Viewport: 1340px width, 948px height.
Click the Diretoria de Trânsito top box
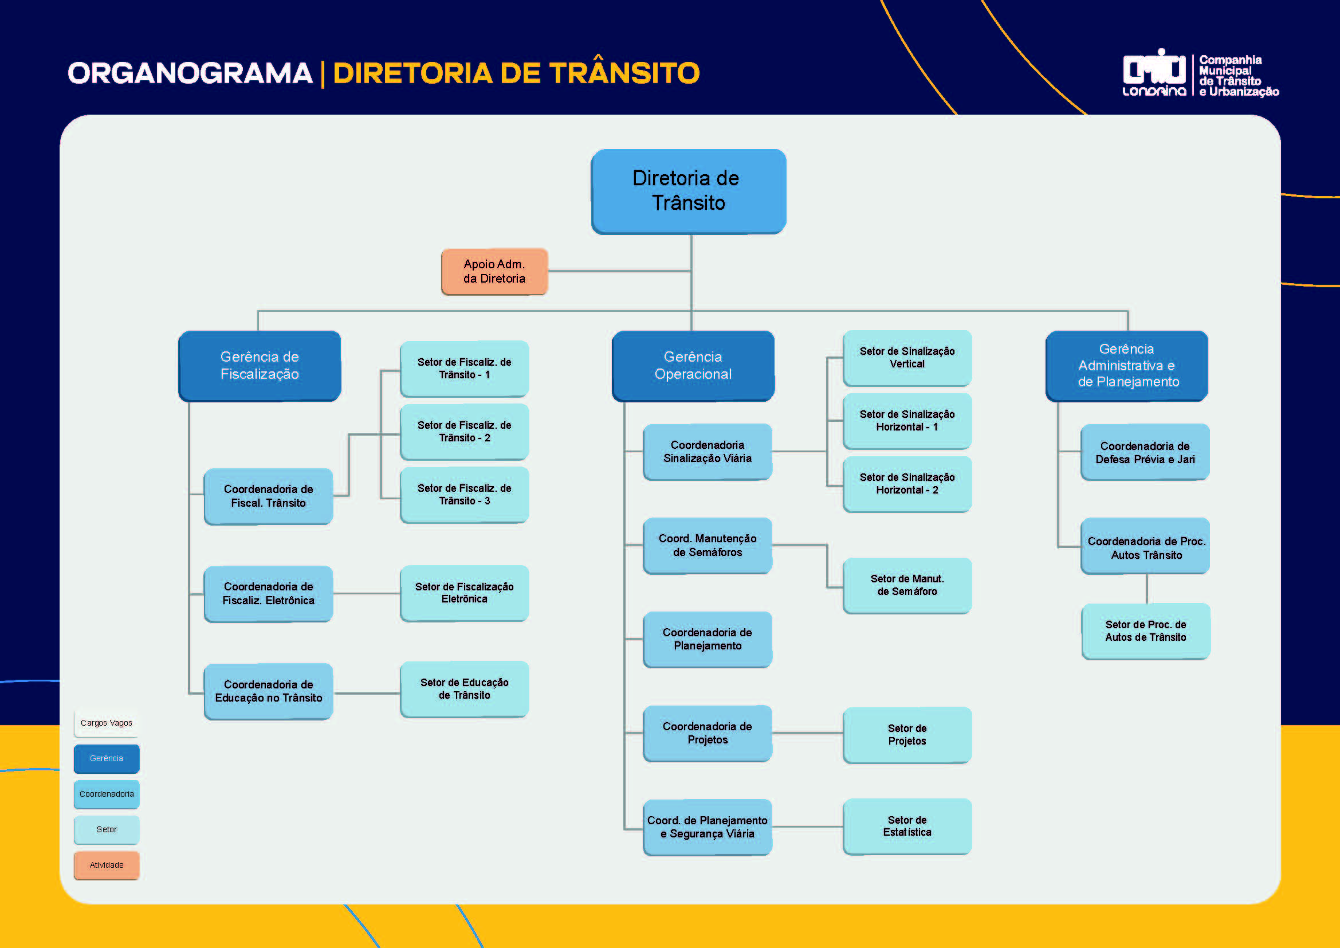(x=689, y=191)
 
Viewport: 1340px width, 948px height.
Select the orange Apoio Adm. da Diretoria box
(x=494, y=272)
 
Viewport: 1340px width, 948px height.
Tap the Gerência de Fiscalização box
(x=260, y=366)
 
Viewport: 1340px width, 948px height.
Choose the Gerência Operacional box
(x=693, y=366)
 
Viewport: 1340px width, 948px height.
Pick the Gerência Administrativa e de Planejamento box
(x=1127, y=366)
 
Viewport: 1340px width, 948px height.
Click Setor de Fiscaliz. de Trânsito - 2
(x=465, y=432)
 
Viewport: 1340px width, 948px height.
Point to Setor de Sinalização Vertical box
(x=907, y=357)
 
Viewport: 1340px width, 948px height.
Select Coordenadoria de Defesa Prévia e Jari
(x=1145, y=452)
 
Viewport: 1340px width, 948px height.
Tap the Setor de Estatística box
(x=907, y=826)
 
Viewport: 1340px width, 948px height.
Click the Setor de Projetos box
(x=907, y=734)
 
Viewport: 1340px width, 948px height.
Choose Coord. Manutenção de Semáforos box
(x=708, y=545)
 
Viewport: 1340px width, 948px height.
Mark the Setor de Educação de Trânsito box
(x=465, y=689)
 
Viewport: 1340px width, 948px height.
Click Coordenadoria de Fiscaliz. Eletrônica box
(x=269, y=594)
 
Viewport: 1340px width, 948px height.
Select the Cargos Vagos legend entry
(x=106, y=723)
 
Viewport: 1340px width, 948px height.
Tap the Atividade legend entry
(x=106, y=865)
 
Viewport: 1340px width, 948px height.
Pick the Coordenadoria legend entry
(x=106, y=794)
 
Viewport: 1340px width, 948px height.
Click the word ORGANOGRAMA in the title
(x=190, y=73)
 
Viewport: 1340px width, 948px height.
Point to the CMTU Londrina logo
(x=1154, y=73)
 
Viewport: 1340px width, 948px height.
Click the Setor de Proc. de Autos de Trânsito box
(x=1146, y=631)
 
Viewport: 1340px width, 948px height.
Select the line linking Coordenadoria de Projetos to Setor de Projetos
(x=807, y=732)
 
